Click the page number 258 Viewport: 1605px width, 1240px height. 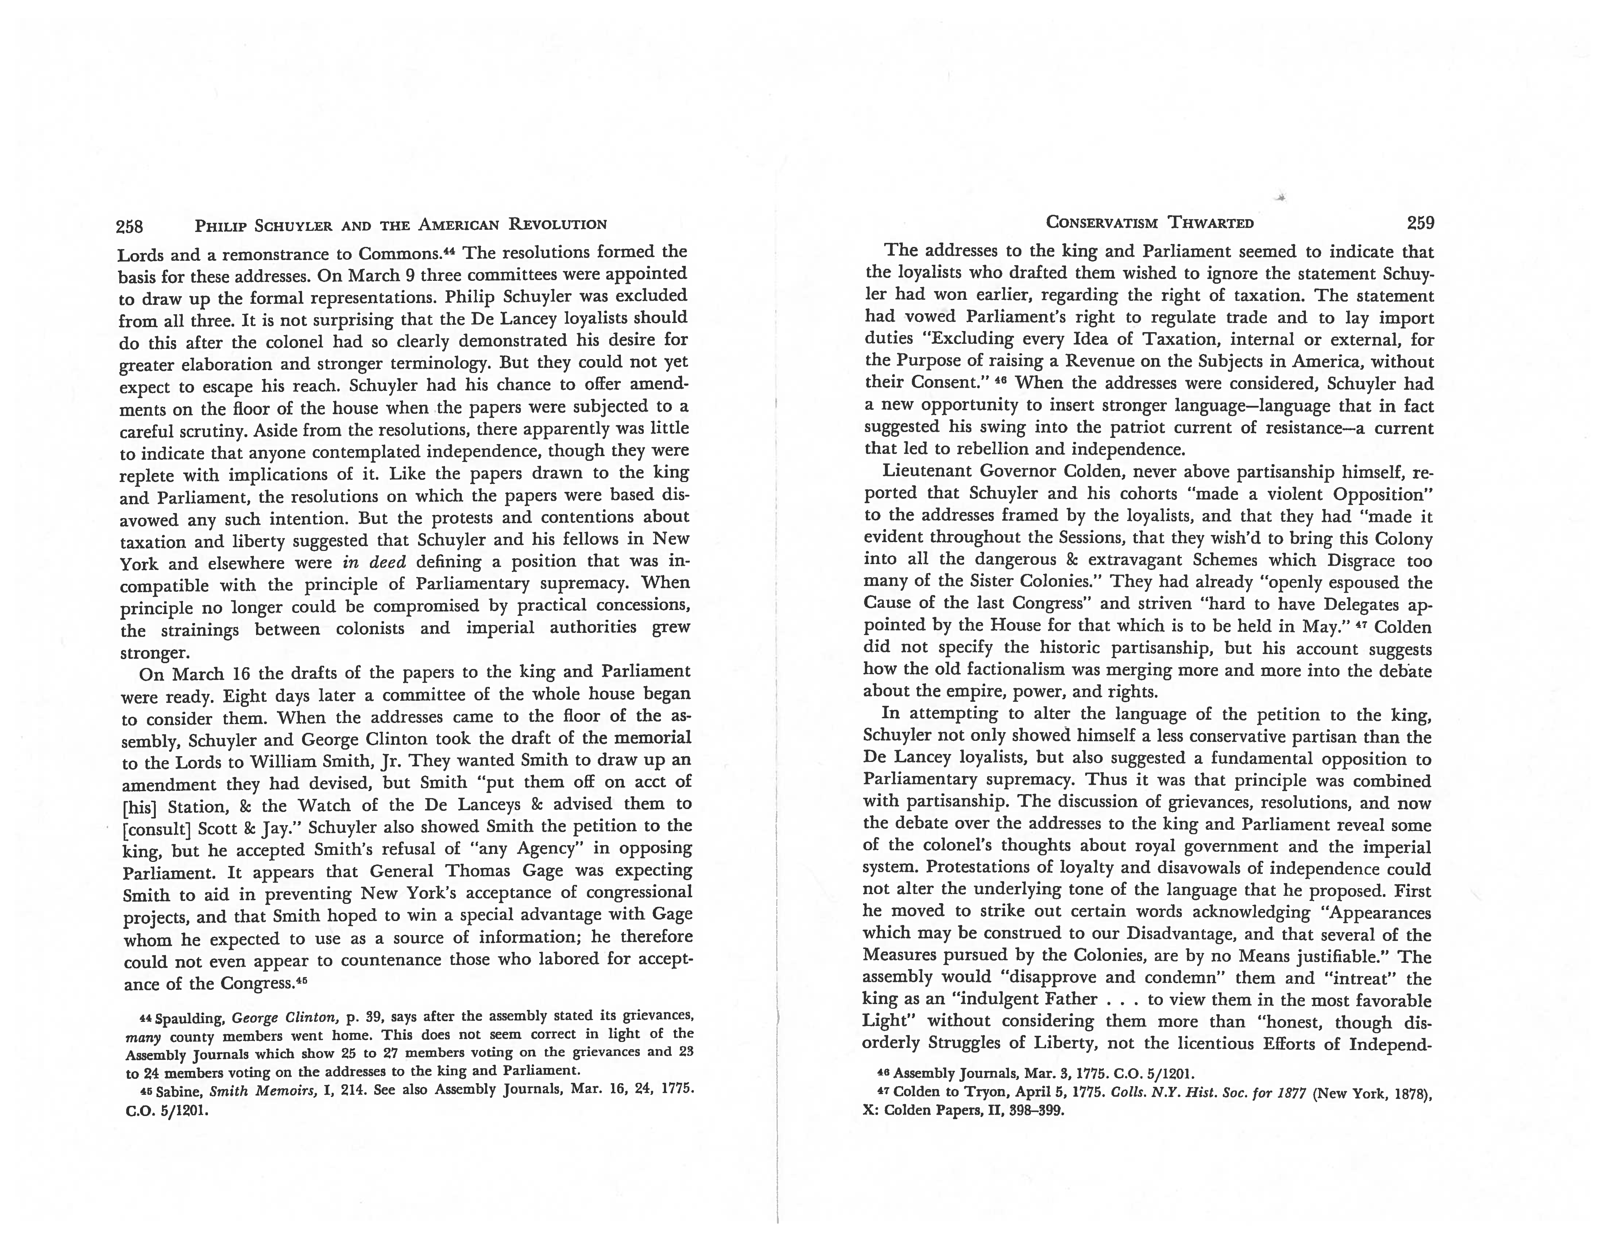coord(130,226)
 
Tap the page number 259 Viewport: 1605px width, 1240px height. coord(1420,222)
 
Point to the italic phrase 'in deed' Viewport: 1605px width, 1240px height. coord(374,563)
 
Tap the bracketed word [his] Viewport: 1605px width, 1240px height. coord(137,807)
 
